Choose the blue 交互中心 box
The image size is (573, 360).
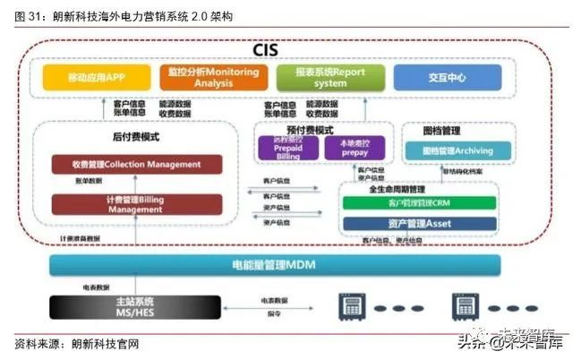447,77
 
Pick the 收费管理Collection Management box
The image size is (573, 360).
137,165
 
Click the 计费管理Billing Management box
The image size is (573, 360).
137,204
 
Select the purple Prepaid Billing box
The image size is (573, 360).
281,149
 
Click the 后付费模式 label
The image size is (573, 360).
136,137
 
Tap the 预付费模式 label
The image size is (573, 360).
307,131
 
